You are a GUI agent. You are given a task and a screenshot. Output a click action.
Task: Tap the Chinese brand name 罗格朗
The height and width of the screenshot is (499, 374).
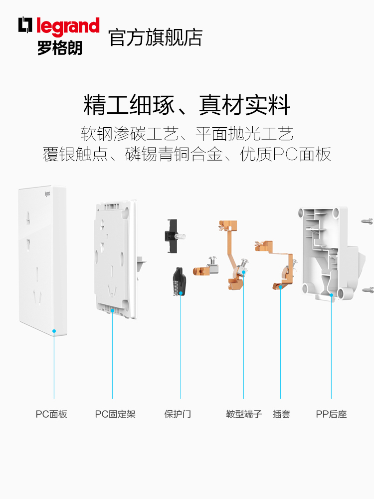point(59,47)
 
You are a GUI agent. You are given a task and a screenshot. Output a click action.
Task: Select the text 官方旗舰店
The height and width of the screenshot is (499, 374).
point(156,38)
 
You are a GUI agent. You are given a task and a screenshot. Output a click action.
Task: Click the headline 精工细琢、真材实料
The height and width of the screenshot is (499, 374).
point(187,106)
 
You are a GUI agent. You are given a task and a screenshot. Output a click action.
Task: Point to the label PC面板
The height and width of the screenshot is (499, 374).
point(51,414)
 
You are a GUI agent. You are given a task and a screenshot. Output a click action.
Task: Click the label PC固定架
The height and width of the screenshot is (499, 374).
point(115,414)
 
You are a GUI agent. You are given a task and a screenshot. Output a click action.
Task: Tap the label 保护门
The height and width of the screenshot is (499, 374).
point(178,414)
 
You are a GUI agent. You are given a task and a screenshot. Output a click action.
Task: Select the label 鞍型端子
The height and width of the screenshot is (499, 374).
point(244,414)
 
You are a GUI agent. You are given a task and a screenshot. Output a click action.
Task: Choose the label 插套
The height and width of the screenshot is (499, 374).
point(281,414)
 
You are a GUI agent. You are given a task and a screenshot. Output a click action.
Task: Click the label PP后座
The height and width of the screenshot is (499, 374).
point(331,414)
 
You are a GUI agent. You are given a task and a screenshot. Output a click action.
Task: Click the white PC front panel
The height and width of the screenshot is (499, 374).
point(40,259)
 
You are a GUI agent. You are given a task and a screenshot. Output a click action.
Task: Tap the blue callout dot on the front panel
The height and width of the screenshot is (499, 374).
point(54,331)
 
